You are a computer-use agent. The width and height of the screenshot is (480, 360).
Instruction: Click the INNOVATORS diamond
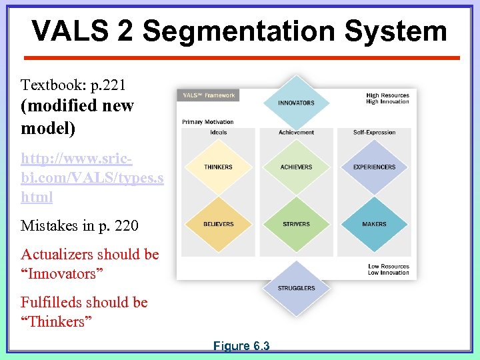coord(296,103)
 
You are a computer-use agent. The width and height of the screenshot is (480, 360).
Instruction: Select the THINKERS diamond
coord(218,167)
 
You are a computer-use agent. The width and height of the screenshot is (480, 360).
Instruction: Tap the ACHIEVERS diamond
coord(296,167)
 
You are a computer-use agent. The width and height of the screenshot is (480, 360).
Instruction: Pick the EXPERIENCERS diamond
coord(374,167)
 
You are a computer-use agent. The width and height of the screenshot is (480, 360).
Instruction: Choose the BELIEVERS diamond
coord(218,224)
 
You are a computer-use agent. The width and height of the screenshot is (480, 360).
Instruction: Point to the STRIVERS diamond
coord(296,224)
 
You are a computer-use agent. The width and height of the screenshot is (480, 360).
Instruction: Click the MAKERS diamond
coord(374,224)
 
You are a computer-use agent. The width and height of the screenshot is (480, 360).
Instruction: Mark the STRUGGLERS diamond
coord(297,288)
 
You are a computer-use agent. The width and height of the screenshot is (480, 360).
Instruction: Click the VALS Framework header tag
coord(209,95)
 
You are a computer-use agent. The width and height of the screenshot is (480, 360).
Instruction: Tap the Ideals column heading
coord(218,132)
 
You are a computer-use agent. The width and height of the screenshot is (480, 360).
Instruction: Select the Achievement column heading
coord(296,132)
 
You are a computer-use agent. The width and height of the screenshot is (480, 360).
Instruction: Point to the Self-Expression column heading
coord(374,132)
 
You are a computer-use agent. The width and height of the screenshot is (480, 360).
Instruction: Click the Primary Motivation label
coord(208,122)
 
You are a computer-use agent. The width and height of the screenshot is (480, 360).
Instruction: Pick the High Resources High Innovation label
coord(387,99)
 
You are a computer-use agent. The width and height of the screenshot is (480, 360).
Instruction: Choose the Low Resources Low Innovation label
coord(389,269)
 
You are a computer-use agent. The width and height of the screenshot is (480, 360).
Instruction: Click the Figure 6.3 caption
coord(241,346)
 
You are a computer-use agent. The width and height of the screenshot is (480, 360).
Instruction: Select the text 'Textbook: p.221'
coord(73,85)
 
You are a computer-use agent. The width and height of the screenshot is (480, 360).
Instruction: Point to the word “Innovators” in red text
coord(59,273)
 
